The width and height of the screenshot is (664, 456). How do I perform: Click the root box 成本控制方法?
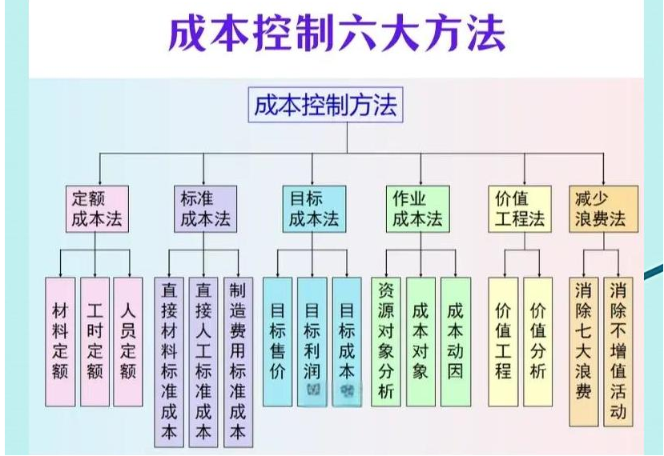[x=325, y=106]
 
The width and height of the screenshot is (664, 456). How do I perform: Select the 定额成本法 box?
[x=97, y=209]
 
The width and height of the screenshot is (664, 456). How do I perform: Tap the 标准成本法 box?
[x=204, y=209]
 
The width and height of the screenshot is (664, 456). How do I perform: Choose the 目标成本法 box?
[x=313, y=209]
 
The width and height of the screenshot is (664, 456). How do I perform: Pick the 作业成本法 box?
[x=417, y=209]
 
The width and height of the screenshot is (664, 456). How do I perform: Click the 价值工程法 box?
[x=520, y=209]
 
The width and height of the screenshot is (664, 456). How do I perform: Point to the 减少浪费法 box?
[x=605, y=209]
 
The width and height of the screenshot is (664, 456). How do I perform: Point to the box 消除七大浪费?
[x=584, y=352]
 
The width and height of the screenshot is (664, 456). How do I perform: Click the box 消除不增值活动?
[x=618, y=352]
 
